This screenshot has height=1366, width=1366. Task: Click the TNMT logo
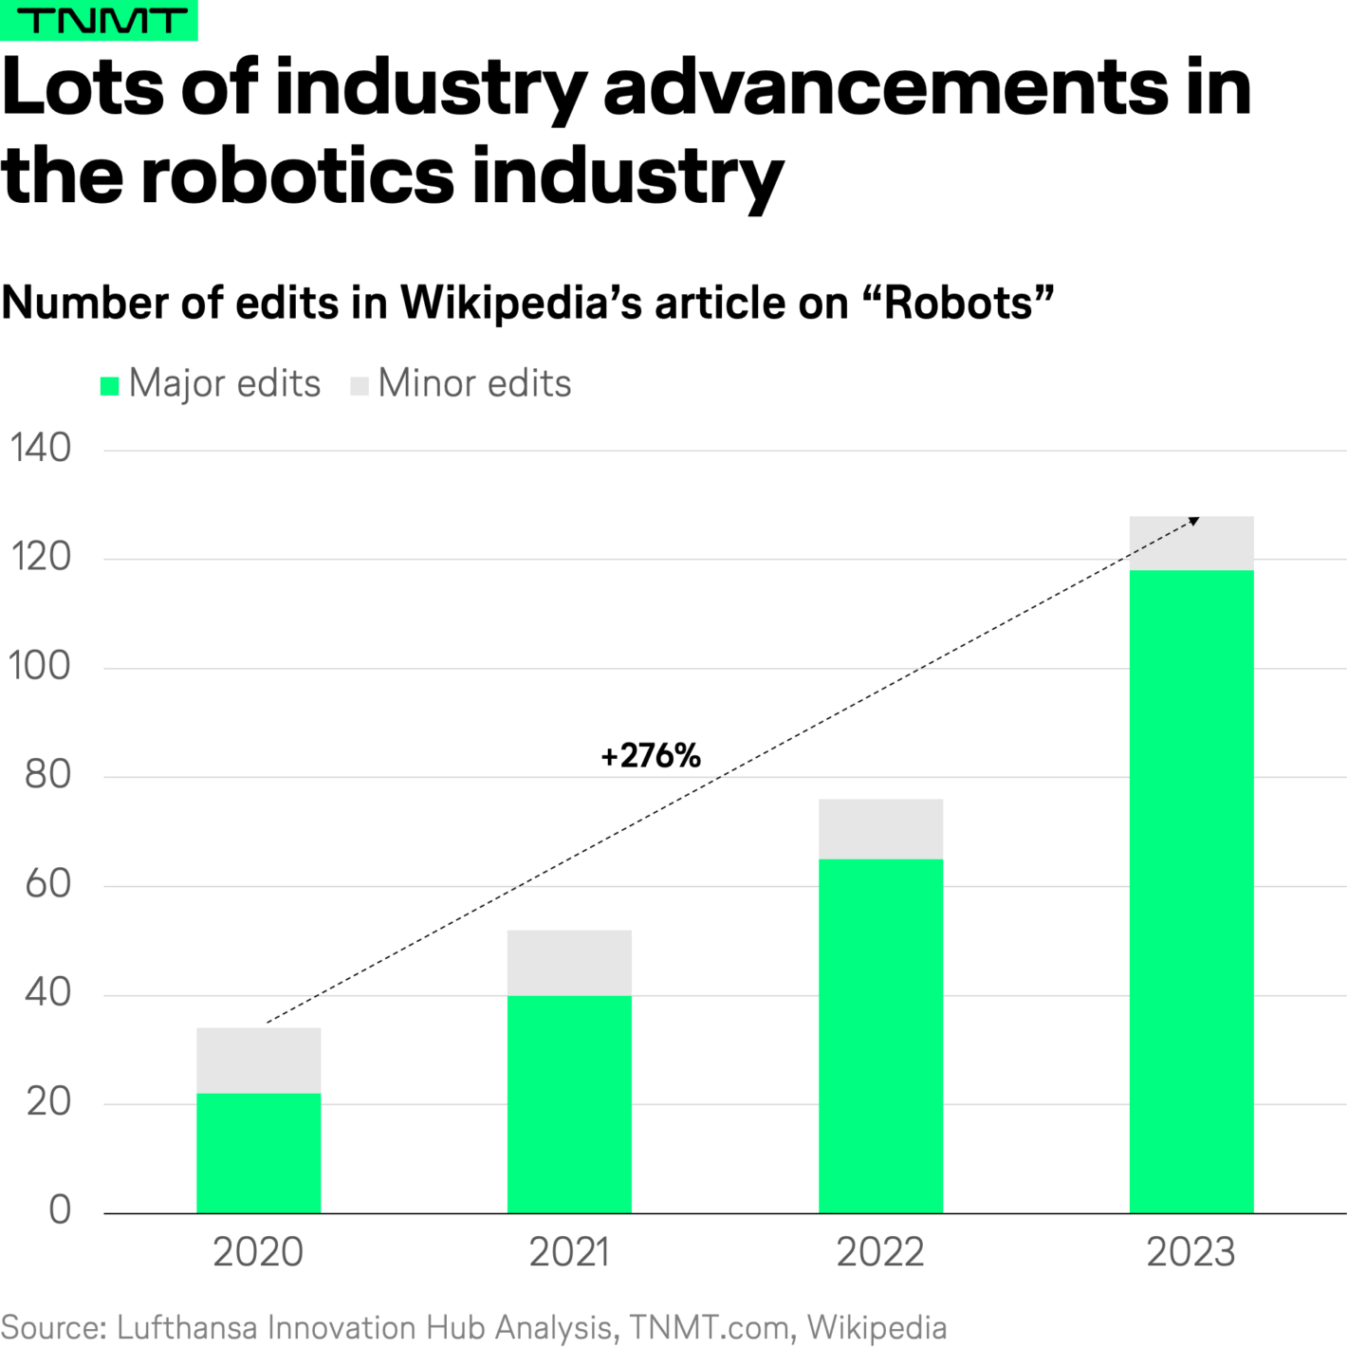coord(99,20)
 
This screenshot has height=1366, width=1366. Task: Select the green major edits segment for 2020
coord(258,1153)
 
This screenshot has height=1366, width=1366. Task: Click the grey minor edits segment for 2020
coord(258,1061)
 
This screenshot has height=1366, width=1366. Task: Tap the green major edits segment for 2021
coord(569,1103)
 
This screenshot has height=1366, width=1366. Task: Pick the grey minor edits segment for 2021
coord(569,962)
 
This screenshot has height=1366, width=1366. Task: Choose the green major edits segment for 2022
coord(880,1035)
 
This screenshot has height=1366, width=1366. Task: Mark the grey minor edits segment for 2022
coord(880,829)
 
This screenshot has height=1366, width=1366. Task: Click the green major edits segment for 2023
coord(1191,891)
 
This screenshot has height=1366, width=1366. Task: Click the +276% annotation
coord(651,756)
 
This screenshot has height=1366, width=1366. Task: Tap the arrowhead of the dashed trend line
coord(1194,521)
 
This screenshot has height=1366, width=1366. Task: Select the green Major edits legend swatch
coord(110,385)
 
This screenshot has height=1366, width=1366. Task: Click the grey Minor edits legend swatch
coord(360,385)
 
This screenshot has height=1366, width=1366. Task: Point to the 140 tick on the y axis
coord(41,449)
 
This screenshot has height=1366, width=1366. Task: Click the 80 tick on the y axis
coord(47,775)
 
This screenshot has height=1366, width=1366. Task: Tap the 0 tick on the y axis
coord(60,1210)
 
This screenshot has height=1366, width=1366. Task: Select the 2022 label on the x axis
coord(880,1252)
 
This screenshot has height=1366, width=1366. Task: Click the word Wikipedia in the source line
coord(877,1327)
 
